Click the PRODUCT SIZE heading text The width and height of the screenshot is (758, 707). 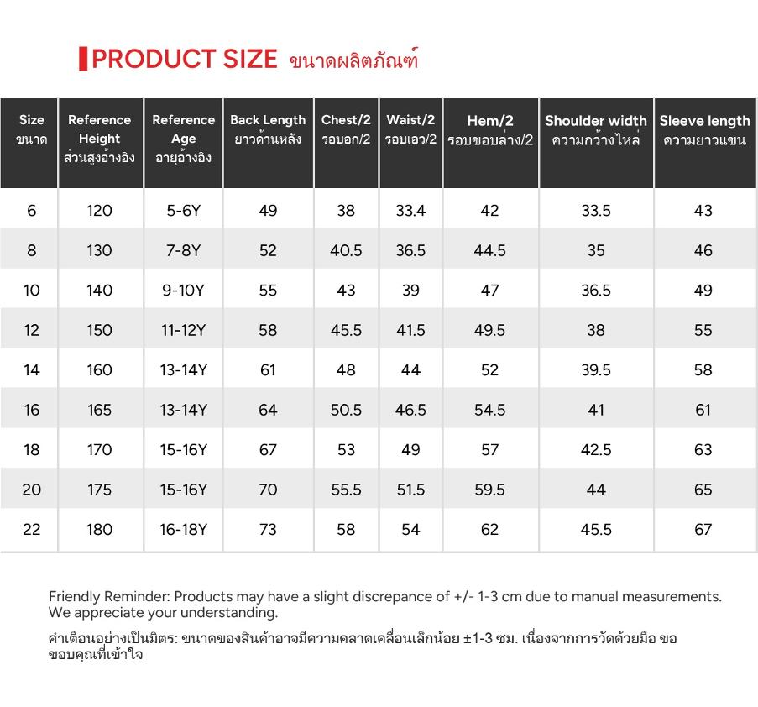coord(184,59)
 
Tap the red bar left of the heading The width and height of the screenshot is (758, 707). coord(83,59)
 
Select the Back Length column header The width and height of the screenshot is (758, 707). coord(268,129)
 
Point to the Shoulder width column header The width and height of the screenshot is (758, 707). coord(596,130)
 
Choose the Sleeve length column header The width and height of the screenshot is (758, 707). coord(705,130)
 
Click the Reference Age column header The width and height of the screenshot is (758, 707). coord(183,139)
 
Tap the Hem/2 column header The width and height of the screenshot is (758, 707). coord(490,130)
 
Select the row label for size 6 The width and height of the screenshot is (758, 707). coord(31,211)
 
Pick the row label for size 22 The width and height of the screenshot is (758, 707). coord(31,529)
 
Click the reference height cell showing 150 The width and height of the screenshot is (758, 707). coord(100,330)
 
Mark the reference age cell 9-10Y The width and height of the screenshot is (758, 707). coord(183,291)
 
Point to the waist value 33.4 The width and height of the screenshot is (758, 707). coord(410,211)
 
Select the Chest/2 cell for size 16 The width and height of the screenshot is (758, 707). coord(346,410)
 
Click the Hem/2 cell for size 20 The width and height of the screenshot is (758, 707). coord(489,490)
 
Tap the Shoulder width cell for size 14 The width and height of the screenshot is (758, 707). coord(596,370)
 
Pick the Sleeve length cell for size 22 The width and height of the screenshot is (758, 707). coord(703,529)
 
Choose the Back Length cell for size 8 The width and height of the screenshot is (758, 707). coord(268,250)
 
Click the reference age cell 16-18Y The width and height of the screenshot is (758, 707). coord(183,529)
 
